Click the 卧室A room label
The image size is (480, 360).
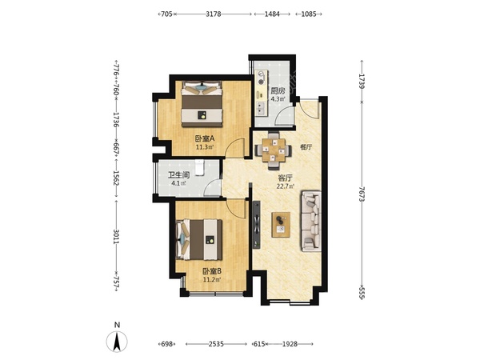pyautogui.click(x=205, y=138)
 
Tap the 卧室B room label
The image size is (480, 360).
pyautogui.click(x=212, y=271)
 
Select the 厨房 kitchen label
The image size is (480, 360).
pyautogui.click(x=278, y=91)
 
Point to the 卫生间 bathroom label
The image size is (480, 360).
pyautogui.click(x=178, y=175)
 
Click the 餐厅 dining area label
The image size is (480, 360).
pyautogui.click(x=306, y=147)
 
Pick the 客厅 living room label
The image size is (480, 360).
pyautogui.click(x=285, y=178)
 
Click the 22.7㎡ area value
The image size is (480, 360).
pyautogui.click(x=286, y=186)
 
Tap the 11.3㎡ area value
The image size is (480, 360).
pyautogui.click(x=205, y=147)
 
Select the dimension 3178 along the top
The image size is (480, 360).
pyautogui.click(x=214, y=14)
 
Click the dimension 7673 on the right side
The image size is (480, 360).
pyautogui.click(x=362, y=194)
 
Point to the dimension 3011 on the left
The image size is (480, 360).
pyautogui.click(x=116, y=237)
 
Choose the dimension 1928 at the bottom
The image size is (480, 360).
pyautogui.click(x=290, y=344)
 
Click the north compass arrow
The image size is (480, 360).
pyautogui.click(x=117, y=342)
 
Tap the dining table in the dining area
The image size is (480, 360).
pyautogui.click(x=274, y=150)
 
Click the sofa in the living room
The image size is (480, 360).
pyautogui.click(x=311, y=221)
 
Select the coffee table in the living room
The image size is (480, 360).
pyautogui.click(x=281, y=224)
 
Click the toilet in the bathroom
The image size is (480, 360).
pyautogui.click(x=199, y=167)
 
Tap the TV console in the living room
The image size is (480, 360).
pyautogui.click(x=257, y=225)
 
